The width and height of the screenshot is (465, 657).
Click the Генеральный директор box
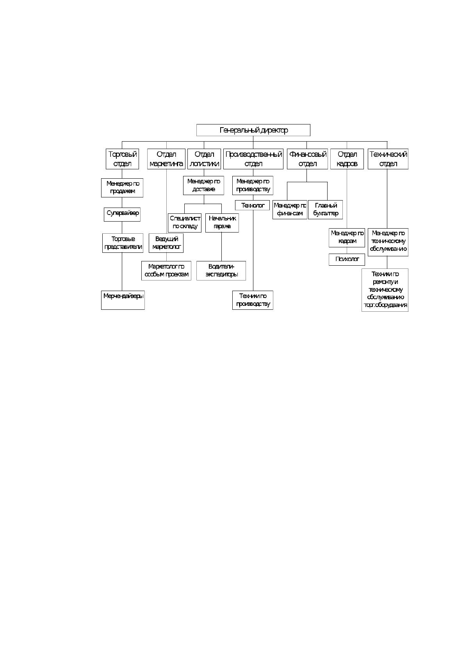253,130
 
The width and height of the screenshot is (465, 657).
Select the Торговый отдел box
122,159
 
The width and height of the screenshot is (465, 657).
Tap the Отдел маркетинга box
166,159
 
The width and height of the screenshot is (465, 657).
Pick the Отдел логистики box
204,159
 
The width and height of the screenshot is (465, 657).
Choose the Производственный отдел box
253,159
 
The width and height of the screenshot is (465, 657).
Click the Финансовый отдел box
307,159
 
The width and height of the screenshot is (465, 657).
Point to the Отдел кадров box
347,159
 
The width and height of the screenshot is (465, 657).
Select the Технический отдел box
388,159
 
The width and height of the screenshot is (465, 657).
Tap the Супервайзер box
122,215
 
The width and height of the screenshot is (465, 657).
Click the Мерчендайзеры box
123,300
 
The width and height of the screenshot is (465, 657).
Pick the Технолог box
253,205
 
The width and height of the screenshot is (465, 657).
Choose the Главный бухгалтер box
325,210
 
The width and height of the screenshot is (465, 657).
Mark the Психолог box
347,259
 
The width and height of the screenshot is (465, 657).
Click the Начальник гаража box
222,223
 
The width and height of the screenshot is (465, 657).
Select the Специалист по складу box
185,223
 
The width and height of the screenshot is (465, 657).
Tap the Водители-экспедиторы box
221,271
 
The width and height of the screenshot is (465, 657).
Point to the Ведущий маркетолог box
166,243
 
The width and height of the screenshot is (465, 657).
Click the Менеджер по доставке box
203,185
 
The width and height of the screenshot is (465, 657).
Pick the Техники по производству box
253,300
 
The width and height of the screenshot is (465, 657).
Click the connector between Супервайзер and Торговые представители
122,227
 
